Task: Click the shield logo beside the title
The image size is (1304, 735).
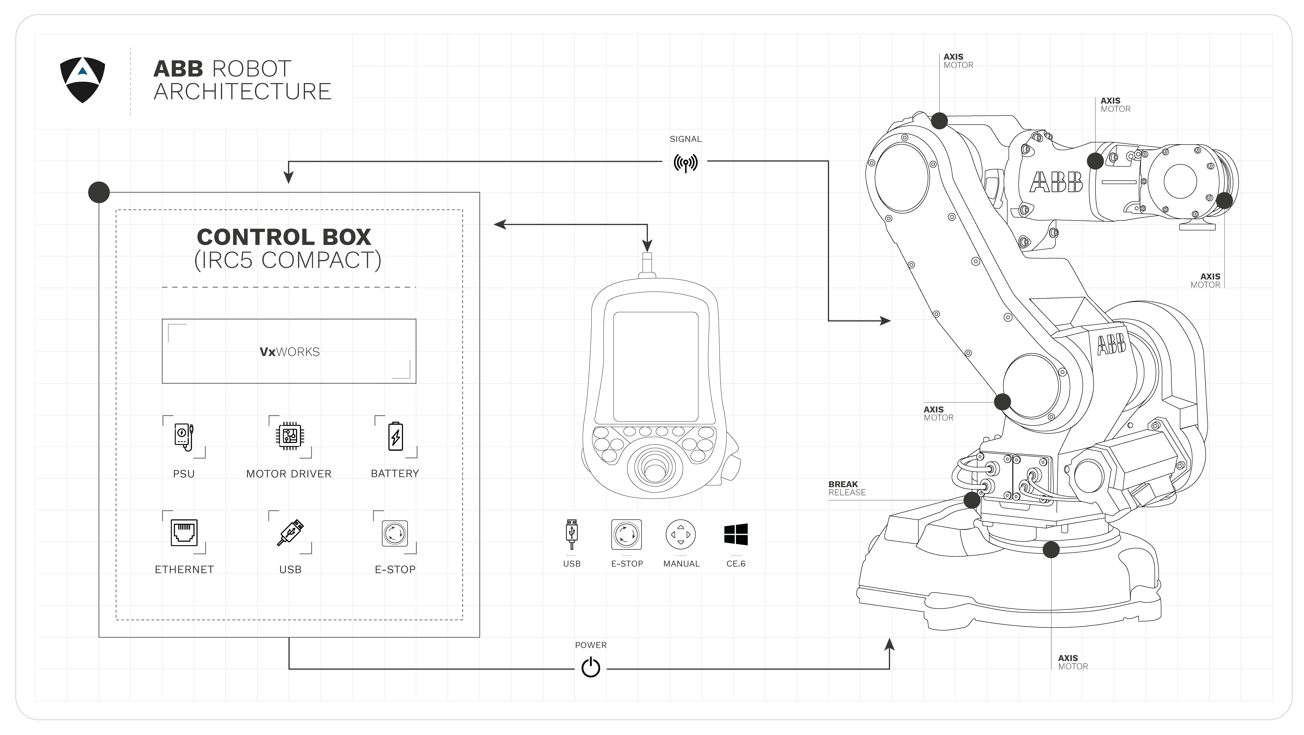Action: [x=83, y=80]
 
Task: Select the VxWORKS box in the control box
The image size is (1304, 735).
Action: [x=289, y=351]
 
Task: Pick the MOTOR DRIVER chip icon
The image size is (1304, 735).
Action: [x=290, y=436]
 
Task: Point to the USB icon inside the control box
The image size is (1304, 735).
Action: [x=290, y=532]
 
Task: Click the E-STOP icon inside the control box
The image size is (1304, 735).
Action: [x=395, y=532]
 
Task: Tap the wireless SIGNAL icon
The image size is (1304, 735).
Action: [x=686, y=162]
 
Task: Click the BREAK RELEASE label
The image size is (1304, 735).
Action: [x=846, y=488]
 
